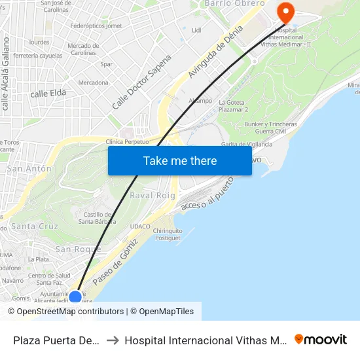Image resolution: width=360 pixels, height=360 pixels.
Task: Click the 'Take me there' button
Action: point(180,161)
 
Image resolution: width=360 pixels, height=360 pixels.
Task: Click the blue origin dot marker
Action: point(75,297)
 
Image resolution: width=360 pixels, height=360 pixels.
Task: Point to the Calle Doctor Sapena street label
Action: point(141,81)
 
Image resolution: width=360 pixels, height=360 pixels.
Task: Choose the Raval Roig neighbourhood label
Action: point(153,196)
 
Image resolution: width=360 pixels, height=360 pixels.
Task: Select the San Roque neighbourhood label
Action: point(78,249)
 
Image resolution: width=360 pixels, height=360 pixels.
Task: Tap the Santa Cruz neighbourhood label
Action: point(34,226)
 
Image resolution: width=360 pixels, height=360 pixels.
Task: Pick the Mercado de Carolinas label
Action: point(83,49)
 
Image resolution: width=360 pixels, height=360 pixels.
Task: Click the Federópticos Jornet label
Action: point(96,26)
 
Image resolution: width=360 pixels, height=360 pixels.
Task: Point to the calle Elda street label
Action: point(48,94)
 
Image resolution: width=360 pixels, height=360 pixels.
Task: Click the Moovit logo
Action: point(321,340)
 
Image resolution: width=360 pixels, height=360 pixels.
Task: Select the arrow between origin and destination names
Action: point(113,340)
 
